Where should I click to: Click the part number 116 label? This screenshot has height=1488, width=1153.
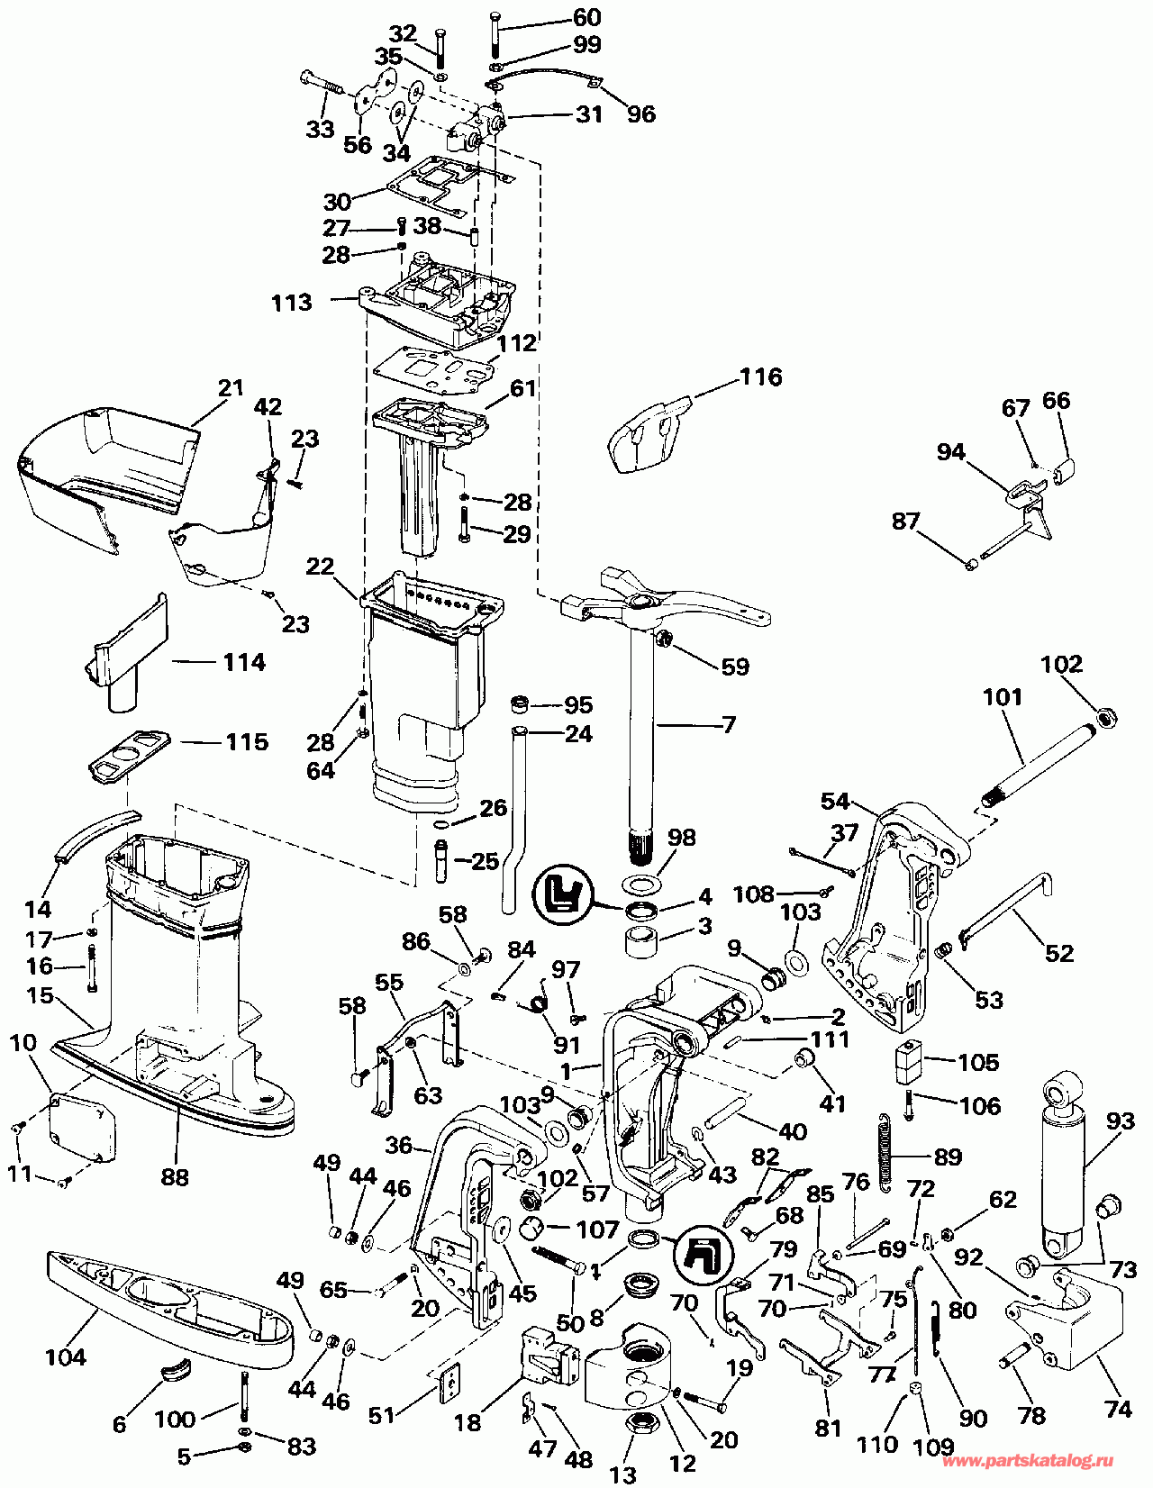point(760,377)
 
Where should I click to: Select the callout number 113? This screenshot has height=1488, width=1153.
point(291,303)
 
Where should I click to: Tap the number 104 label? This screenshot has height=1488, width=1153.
point(66,1356)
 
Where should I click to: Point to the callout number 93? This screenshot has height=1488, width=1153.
point(1120,1122)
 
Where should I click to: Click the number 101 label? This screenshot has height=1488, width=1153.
point(1003,696)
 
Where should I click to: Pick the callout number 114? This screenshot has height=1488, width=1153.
point(244,662)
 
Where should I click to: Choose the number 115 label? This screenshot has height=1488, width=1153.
point(247,741)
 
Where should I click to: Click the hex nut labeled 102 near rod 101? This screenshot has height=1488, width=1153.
point(1106,717)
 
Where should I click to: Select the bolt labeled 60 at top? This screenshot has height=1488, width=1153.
point(495,37)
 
